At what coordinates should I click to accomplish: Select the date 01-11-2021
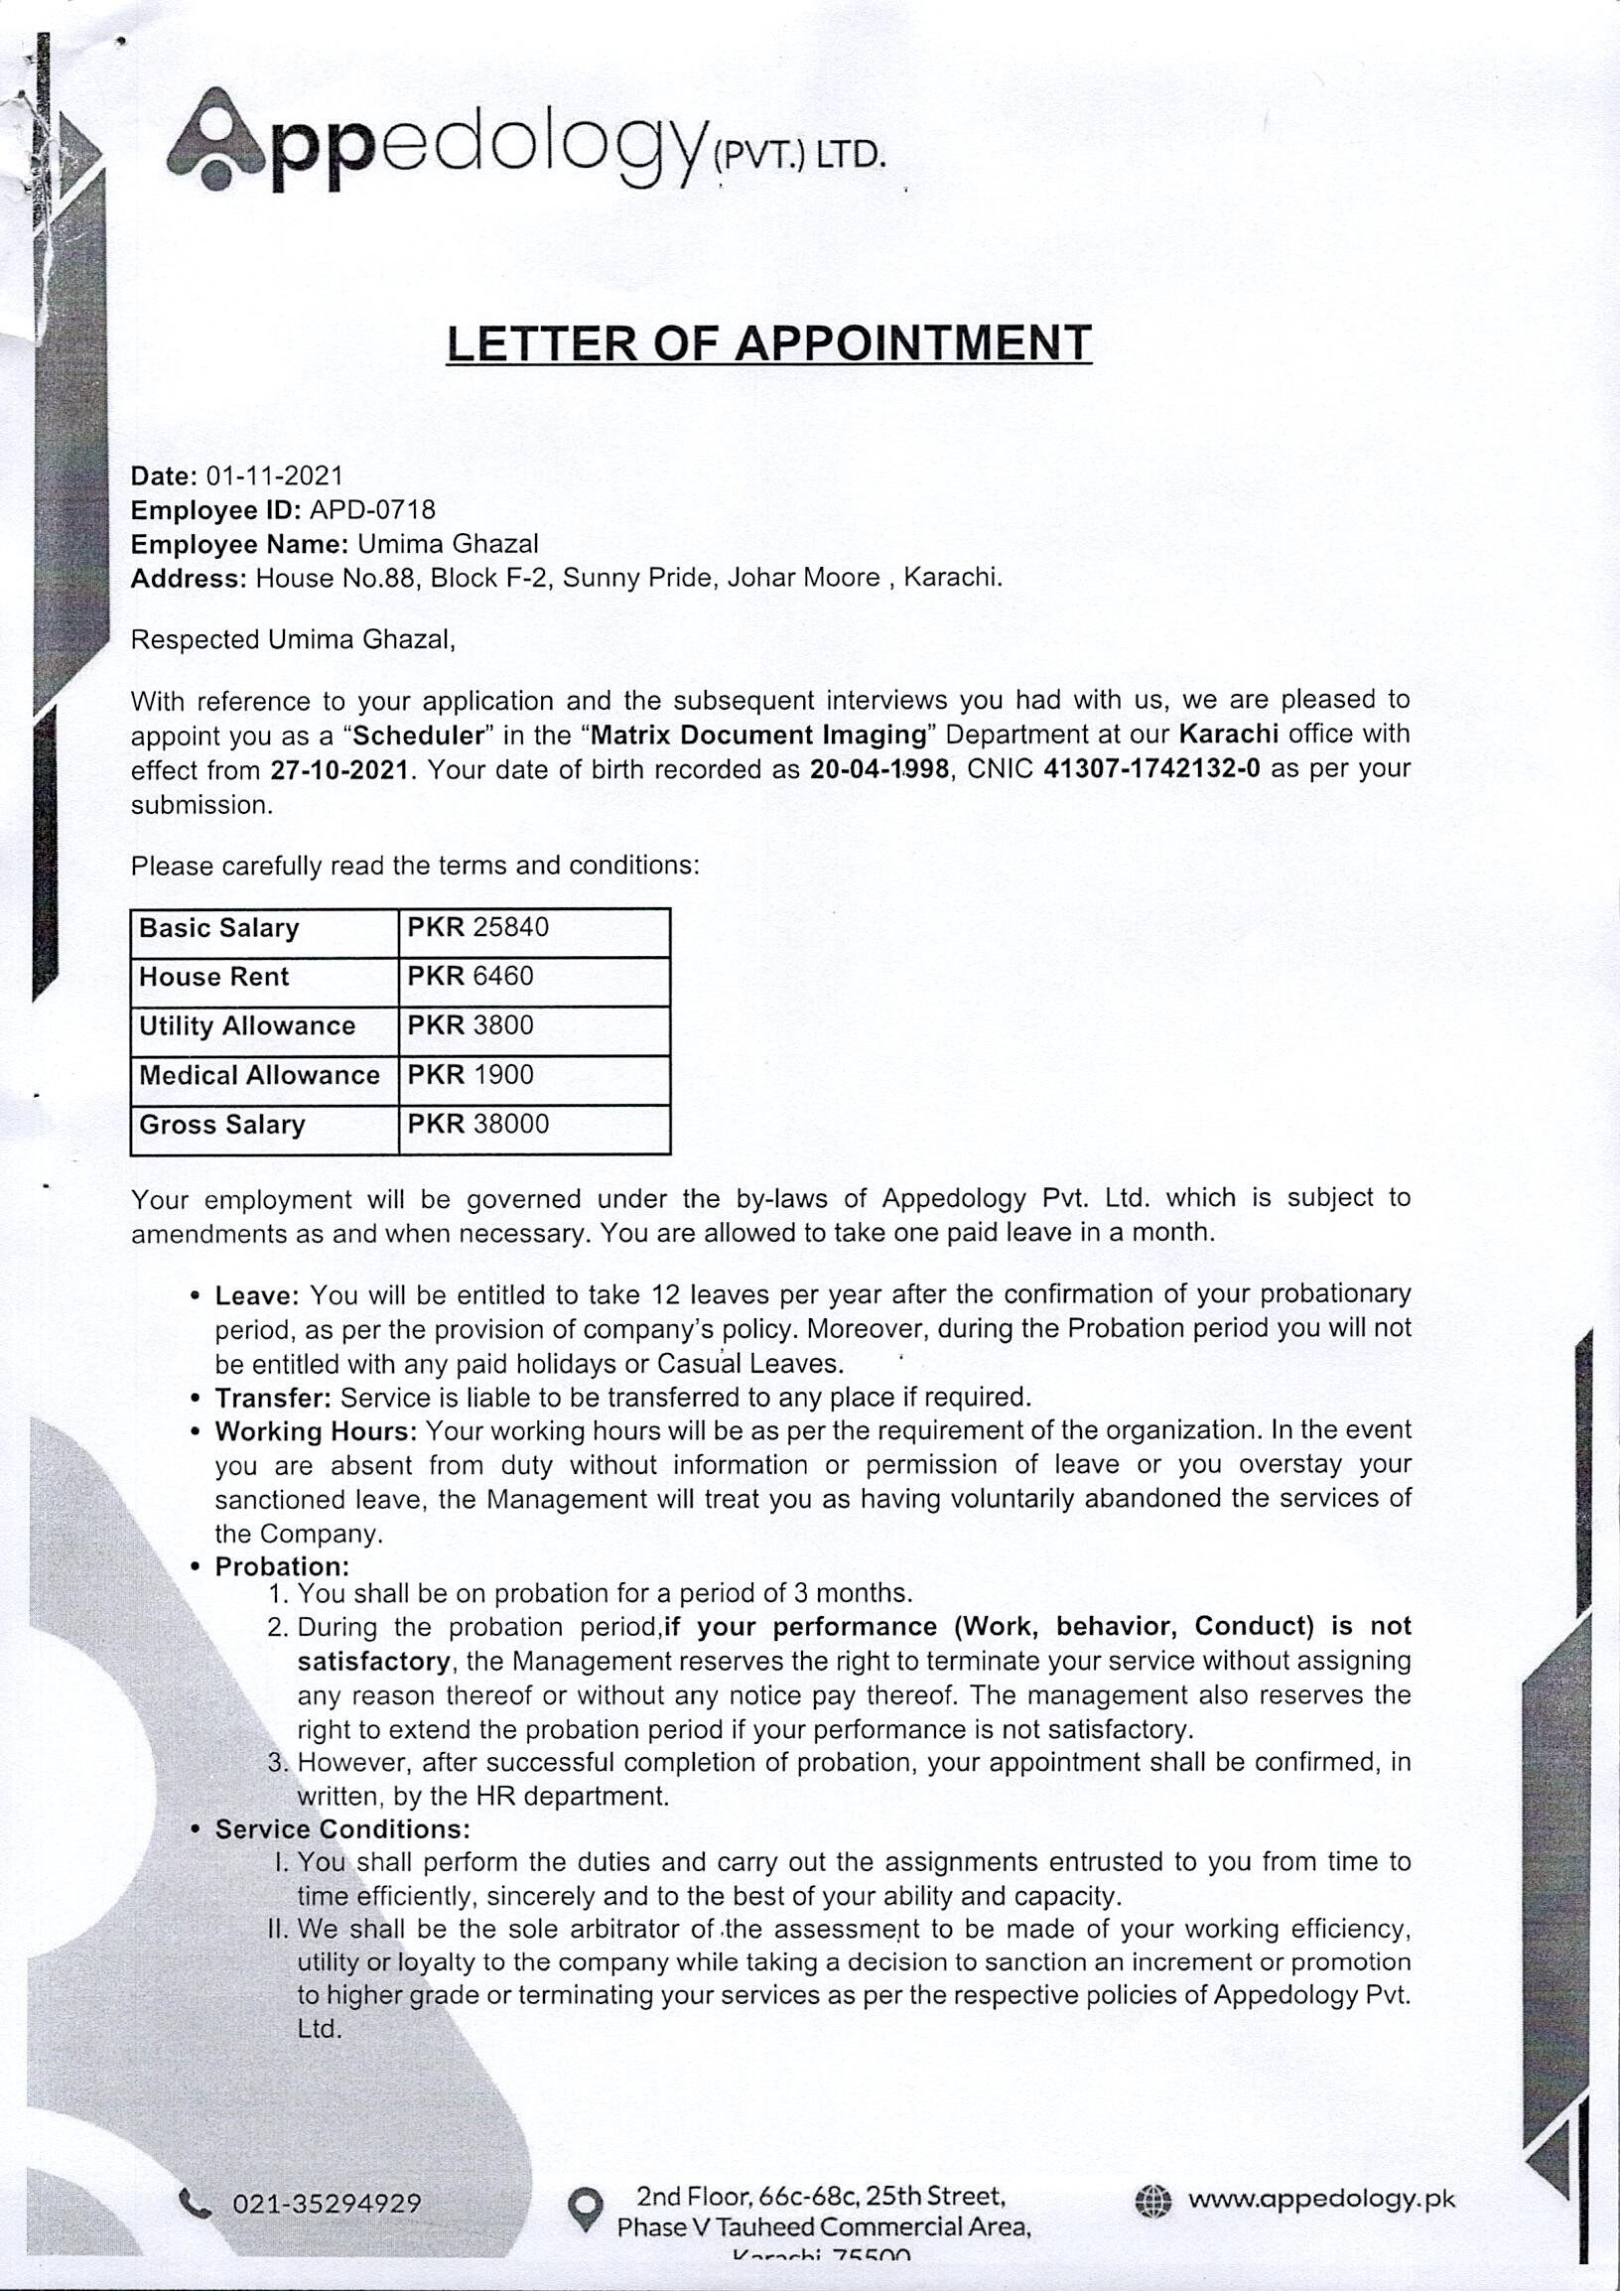coord(274,475)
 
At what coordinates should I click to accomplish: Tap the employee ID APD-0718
coord(372,510)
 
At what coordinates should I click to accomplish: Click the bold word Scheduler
coord(419,736)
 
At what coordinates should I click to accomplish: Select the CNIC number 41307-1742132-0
coord(1151,768)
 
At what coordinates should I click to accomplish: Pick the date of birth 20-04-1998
coord(878,769)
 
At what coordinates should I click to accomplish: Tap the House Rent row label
coord(213,977)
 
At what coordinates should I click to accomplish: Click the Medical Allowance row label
coord(259,1075)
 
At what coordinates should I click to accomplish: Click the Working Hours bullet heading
coord(316,1430)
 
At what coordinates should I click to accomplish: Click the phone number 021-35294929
coord(327,2204)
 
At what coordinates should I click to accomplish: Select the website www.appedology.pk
coord(1321,2200)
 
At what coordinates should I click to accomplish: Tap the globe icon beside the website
coord(1152,2202)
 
